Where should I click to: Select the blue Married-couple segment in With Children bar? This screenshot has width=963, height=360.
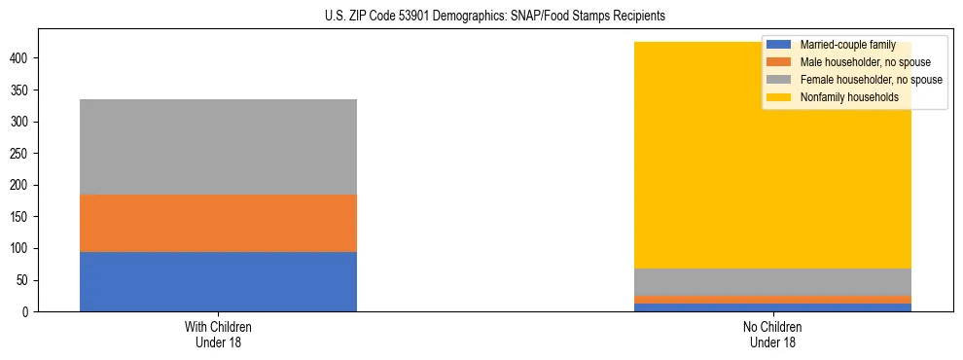pyautogui.click(x=218, y=281)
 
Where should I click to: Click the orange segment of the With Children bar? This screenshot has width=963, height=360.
pyautogui.click(x=218, y=223)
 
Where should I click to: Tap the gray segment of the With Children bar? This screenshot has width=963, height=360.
pyautogui.click(x=218, y=147)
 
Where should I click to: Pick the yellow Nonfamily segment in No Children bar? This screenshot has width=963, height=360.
pyautogui.click(x=681, y=165)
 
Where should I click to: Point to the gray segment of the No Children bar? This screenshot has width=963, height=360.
pyautogui.click(x=772, y=282)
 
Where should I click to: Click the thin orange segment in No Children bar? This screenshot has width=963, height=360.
pyautogui.click(x=772, y=300)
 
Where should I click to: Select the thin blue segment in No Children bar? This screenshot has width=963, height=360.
pyautogui.click(x=772, y=307)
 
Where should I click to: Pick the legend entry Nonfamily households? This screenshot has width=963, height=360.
pyautogui.click(x=847, y=97)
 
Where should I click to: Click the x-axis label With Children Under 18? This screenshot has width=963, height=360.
pyautogui.click(x=218, y=334)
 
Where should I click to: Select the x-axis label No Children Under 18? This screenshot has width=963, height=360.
pyautogui.click(x=772, y=334)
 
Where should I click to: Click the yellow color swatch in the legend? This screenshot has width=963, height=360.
pyautogui.click(x=779, y=97)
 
